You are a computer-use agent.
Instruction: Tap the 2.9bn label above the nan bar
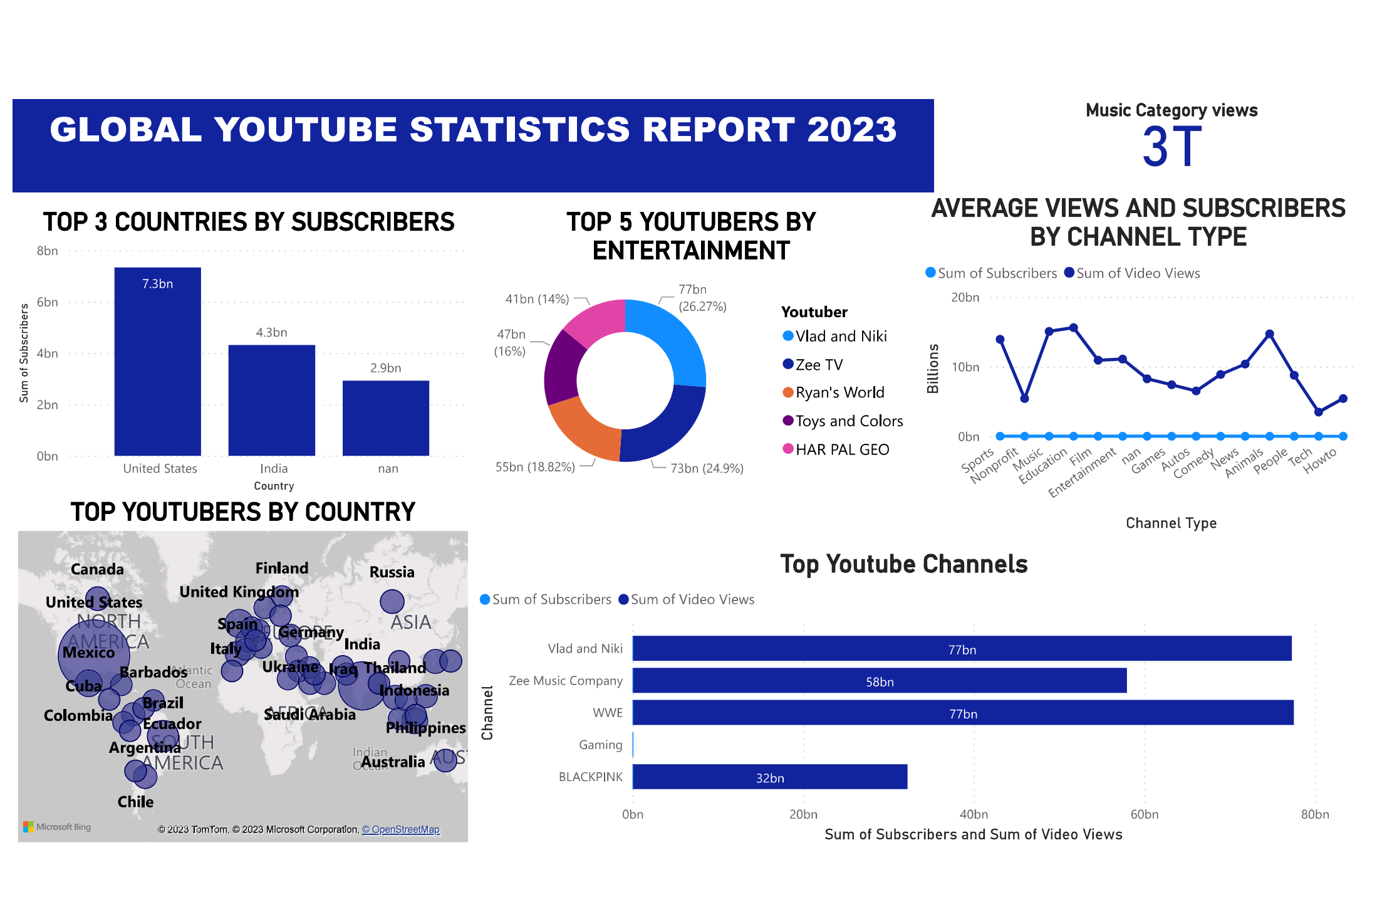[x=385, y=368]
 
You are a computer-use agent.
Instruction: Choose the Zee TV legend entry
[x=818, y=365]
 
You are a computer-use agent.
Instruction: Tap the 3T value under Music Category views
[x=1172, y=147]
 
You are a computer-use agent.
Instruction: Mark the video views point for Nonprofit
[x=1024, y=399]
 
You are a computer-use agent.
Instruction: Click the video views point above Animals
[x=1269, y=334]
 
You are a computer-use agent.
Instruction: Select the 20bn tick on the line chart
[x=965, y=298]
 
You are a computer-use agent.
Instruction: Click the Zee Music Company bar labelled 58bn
[x=880, y=681]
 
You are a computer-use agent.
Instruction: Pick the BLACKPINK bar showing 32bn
[x=770, y=777]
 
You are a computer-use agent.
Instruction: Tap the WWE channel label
[x=608, y=713]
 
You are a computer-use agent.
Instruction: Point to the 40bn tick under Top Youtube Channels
[x=974, y=814]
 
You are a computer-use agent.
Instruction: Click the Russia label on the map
[x=392, y=572]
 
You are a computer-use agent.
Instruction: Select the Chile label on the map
[x=135, y=802]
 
